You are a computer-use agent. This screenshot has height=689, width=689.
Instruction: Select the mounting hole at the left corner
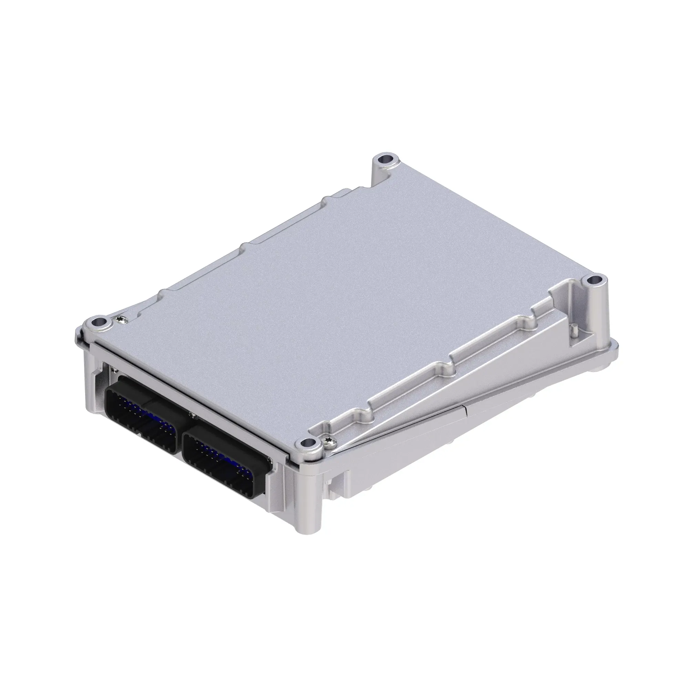click(x=97, y=322)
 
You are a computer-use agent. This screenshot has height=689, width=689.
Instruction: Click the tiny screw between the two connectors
click(x=193, y=414)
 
